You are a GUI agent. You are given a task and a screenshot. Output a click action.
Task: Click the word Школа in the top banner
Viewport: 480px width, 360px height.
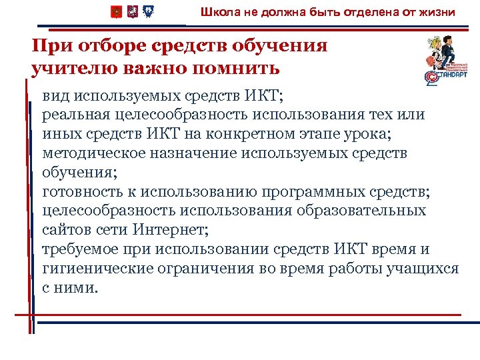tap(217, 12)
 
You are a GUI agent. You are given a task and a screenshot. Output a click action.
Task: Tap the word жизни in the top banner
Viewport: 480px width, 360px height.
tap(439, 12)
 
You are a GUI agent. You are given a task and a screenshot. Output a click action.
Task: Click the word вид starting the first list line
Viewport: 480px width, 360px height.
tap(56, 97)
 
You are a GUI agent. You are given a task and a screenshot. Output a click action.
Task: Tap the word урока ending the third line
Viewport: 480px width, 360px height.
tap(370, 135)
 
